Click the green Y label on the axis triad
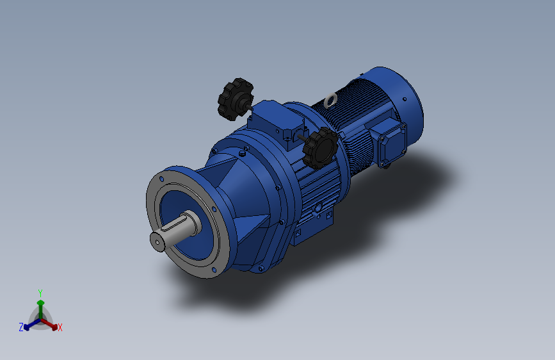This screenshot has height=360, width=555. tap(40, 291)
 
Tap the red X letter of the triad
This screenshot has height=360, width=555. tap(60, 328)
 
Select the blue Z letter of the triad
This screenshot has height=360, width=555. tap(21, 327)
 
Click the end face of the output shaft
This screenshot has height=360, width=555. tap(157, 240)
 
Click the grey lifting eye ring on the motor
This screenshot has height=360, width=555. tap(330, 100)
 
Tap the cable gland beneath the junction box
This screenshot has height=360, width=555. tap(387, 166)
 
